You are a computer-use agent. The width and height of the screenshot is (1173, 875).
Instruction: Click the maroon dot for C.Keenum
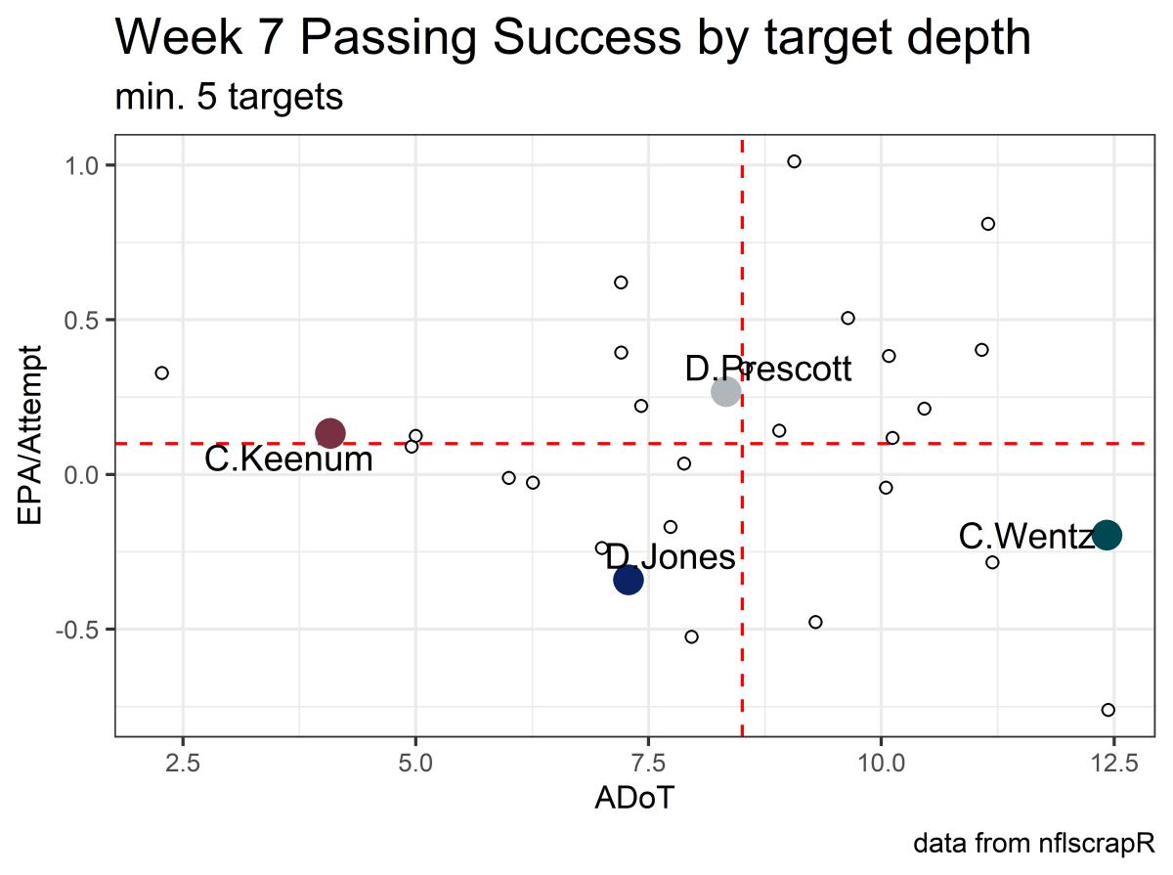330,432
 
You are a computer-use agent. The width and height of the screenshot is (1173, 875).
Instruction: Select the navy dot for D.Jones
628,580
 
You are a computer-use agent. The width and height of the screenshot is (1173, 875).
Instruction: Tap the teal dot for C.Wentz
1107,535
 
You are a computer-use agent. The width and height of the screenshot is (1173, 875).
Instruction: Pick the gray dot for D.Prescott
725,392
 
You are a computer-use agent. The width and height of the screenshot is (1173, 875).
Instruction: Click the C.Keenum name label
288,459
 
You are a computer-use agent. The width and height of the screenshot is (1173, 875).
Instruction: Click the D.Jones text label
670,557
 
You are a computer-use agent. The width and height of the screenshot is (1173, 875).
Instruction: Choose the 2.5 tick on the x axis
184,763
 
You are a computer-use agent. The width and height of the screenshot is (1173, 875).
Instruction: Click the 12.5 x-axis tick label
1112,763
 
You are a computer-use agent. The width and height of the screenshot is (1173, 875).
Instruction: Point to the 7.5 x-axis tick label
648,763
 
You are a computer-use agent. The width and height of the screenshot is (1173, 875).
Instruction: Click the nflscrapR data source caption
1034,843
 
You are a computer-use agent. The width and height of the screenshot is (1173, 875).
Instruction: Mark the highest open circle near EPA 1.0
794,161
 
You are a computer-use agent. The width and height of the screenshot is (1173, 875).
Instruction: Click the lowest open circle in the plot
1108,710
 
